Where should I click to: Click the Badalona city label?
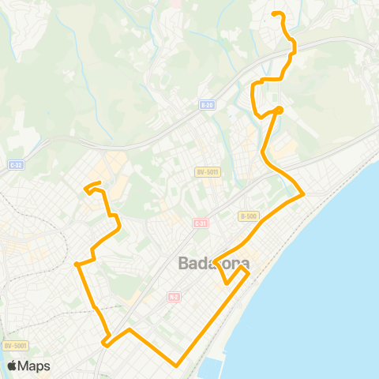tap(215, 263)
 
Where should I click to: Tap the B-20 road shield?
tap(207, 104)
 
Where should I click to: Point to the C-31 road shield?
tap(200, 223)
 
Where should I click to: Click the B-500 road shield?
tap(248, 216)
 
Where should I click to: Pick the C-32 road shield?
tap(15, 165)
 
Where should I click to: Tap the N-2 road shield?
tap(174, 297)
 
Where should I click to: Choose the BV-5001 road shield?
tap(15, 345)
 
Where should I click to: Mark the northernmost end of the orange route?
tap(274, 13)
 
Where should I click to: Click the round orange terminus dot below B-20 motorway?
tap(280, 110)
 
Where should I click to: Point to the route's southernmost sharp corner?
tap(178, 365)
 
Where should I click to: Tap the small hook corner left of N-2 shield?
tap(104, 341)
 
